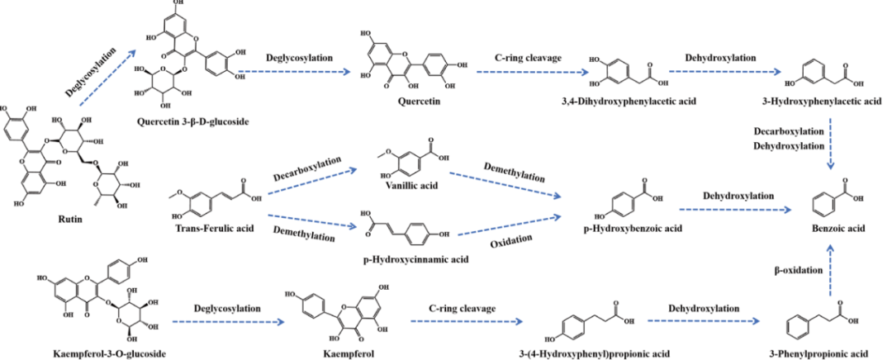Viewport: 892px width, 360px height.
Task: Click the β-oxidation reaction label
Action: [x=798, y=270]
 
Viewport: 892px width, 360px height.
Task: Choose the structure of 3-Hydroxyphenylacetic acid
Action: [x=832, y=80]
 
